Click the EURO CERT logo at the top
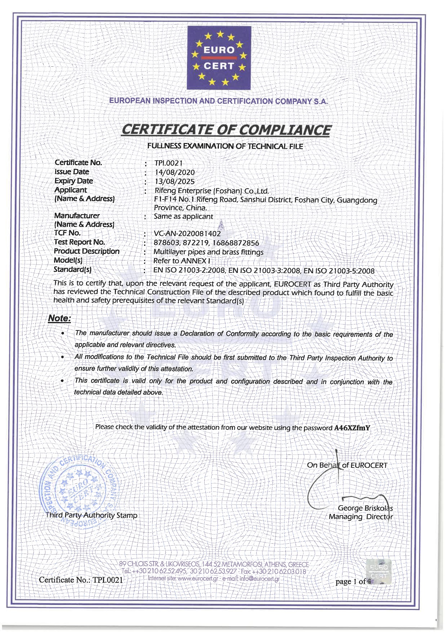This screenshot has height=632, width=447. (x=219, y=58)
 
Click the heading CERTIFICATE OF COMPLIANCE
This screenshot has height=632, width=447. (x=225, y=130)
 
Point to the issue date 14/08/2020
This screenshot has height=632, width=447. (x=175, y=172)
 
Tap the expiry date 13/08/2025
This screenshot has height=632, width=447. (x=175, y=181)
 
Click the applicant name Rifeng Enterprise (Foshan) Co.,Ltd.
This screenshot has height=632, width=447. (x=212, y=191)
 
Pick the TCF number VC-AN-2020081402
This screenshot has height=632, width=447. (x=187, y=233)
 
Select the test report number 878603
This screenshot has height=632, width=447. (x=166, y=243)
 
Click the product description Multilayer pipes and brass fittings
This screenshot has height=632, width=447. (x=208, y=252)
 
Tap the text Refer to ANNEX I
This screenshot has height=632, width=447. (x=182, y=261)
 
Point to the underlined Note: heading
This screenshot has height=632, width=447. (x=59, y=318)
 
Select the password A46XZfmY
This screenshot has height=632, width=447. (x=352, y=428)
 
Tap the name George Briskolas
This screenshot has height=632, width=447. (x=365, y=508)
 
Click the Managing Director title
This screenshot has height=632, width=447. (x=361, y=517)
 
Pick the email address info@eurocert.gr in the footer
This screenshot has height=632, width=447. (x=259, y=579)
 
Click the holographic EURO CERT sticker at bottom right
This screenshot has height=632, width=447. (x=380, y=572)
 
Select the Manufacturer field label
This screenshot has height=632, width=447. (x=77, y=216)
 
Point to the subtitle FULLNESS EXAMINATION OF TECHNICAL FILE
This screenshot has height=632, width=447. (x=225, y=146)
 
